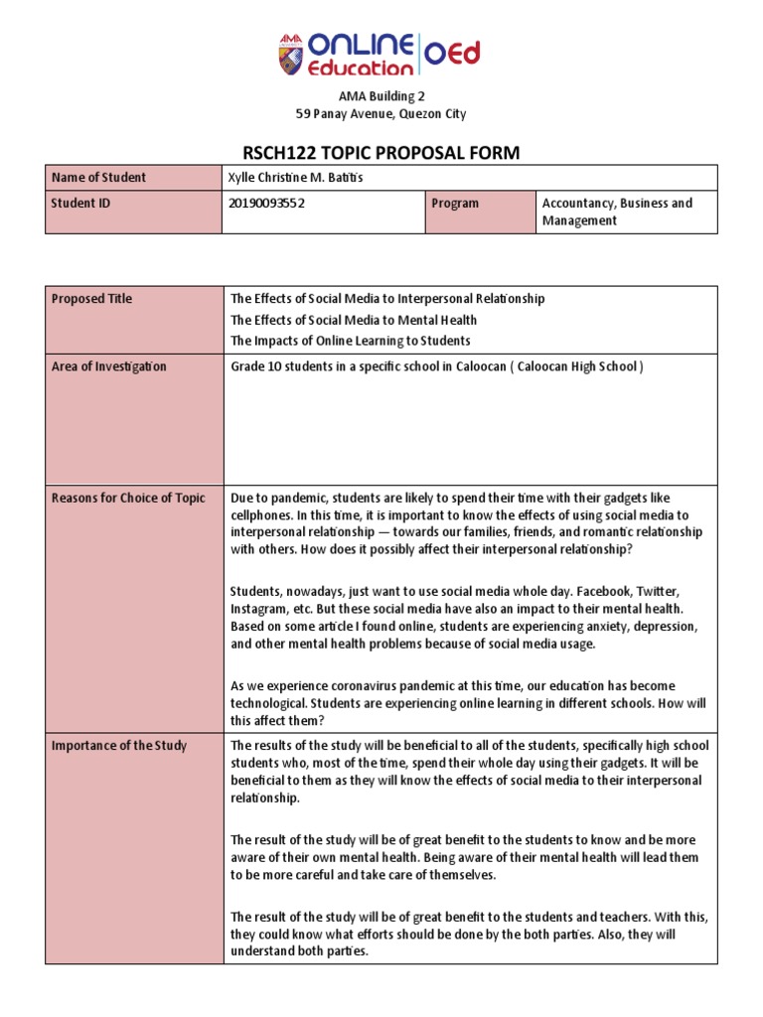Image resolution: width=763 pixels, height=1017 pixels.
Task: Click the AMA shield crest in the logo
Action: point(292,56)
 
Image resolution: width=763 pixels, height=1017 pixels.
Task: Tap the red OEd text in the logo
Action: point(454,52)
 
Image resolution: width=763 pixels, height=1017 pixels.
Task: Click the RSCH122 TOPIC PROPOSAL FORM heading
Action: point(381,151)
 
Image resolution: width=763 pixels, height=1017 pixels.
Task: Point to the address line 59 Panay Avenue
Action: point(381,114)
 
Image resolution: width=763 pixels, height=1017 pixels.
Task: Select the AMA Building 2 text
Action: point(381,96)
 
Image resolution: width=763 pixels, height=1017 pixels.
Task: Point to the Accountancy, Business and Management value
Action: point(617,212)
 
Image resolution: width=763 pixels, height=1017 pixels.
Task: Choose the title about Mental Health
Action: point(353,320)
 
